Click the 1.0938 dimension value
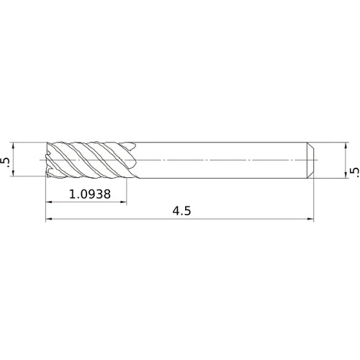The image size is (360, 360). (x=90, y=194)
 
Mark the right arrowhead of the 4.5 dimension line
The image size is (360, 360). (x=312, y=220)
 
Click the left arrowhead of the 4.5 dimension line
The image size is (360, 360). (x=48, y=220)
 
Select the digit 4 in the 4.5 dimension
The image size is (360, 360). (x=176, y=212)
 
